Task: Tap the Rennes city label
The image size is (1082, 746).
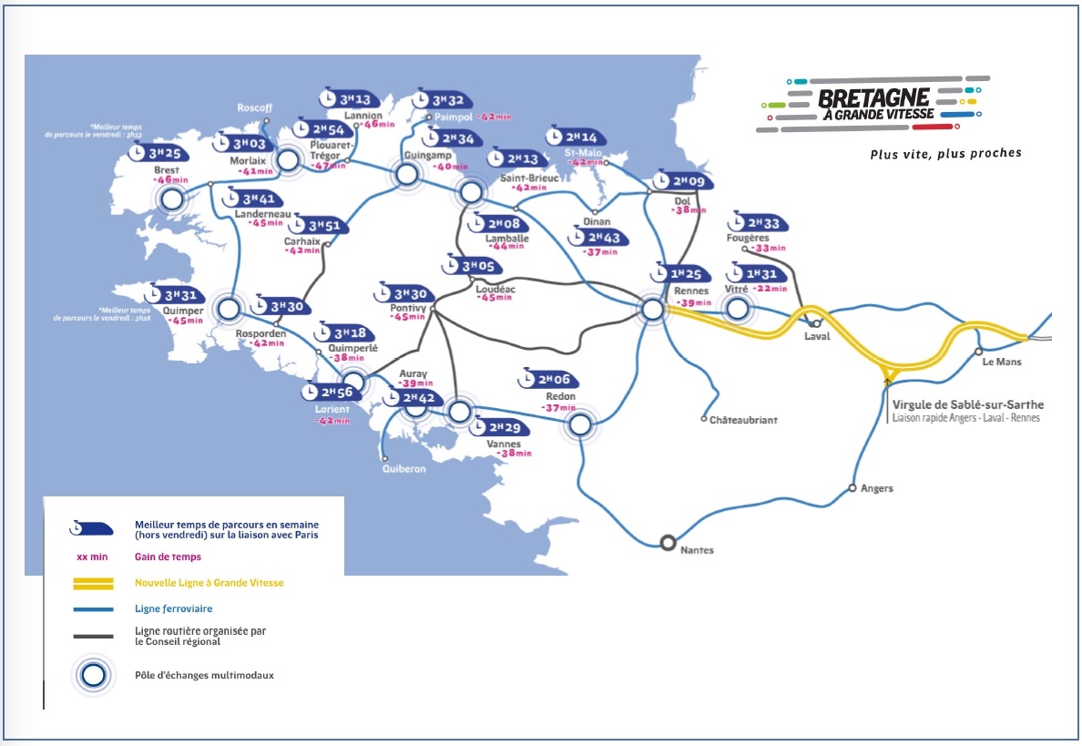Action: pyautogui.click(x=691, y=291)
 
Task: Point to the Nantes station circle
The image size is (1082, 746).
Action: pyautogui.click(x=668, y=543)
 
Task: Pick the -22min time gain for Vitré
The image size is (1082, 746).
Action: pyautogui.click(x=769, y=289)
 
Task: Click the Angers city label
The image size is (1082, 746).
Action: pyautogui.click(x=877, y=488)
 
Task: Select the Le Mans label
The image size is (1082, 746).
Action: pyautogui.click(x=1003, y=362)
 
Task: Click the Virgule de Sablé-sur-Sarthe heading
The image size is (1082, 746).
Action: pyautogui.click(x=969, y=404)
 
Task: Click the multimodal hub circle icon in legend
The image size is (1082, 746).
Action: pyautogui.click(x=94, y=675)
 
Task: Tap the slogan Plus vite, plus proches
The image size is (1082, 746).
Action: pyautogui.click(x=945, y=153)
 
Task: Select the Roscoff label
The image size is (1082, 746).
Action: pyautogui.click(x=255, y=107)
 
